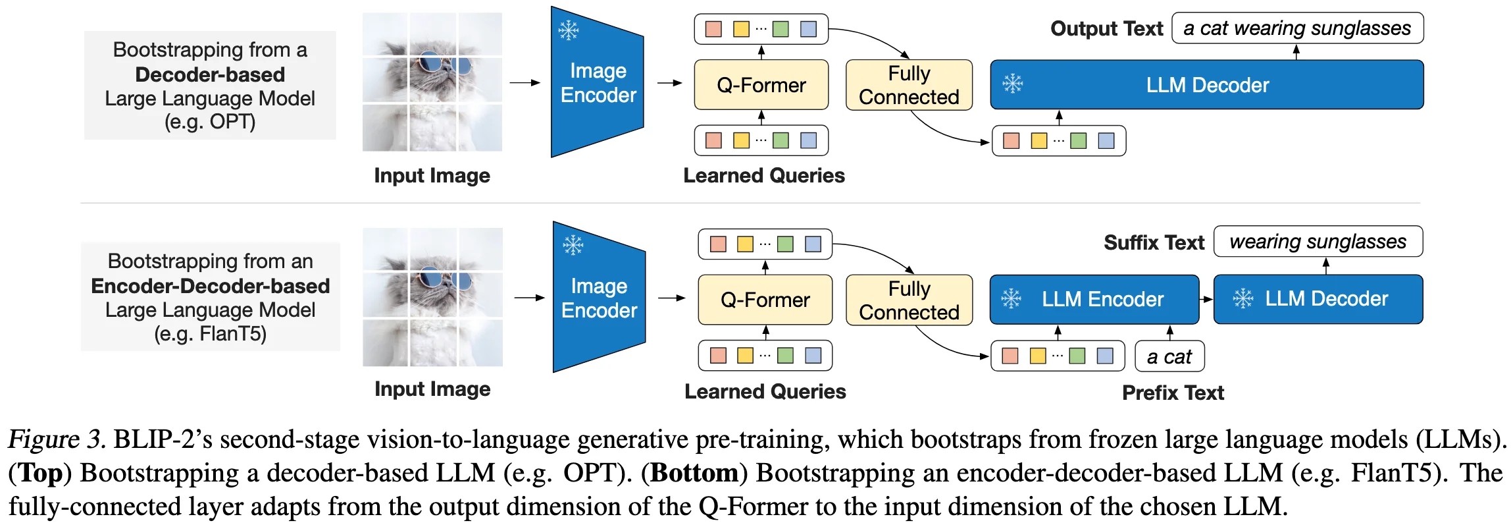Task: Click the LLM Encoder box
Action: [1094, 300]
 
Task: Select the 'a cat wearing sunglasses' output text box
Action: [1297, 28]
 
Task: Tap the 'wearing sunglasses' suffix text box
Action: [1318, 242]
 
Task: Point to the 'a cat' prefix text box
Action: [1169, 356]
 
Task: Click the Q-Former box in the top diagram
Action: [761, 85]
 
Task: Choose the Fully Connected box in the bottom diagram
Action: [909, 300]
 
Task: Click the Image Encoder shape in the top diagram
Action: [597, 82]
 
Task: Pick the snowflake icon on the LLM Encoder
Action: [1011, 299]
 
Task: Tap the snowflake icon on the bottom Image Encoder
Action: [573, 245]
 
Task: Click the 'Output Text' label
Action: [1106, 29]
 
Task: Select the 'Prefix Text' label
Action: [1173, 393]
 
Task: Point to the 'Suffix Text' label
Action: [1154, 243]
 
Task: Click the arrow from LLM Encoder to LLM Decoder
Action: [1206, 300]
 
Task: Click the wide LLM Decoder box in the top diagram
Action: [1206, 85]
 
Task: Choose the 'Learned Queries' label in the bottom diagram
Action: [765, 392]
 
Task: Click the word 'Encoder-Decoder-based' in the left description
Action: [210, 286]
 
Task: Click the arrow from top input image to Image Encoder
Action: [525, 83]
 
